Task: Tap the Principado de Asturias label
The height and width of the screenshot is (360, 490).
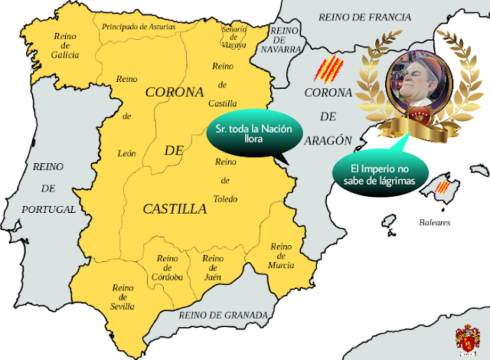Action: [x=139, y=28]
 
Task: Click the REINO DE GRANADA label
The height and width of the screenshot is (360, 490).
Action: [x=223, y=315]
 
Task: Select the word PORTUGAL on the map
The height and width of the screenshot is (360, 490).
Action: [x=48, y=209]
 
